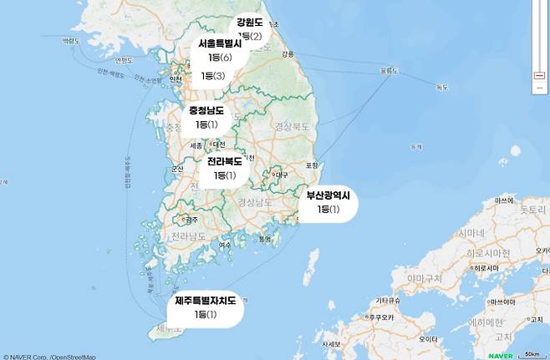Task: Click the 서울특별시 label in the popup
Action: (x=220, y=43)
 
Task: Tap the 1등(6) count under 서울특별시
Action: (x=220, y=57)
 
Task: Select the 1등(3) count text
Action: (x=213, y=76)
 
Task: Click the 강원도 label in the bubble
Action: (x=249, y=23)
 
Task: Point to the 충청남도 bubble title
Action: (x=206, y=110)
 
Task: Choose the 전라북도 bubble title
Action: (x=225, y=161)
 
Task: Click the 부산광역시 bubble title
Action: (x=328, y=195)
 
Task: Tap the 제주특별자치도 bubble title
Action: (x=206, y=300)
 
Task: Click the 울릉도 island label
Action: (x=390, y=70)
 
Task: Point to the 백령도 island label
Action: (x=124, y=60)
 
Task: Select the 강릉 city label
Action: (x=288, y=53)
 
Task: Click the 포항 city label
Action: (x=312, y=165)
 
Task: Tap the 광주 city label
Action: (x=191, y=220)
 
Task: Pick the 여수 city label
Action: (x=225, y=245)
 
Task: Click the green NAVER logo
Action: (x=500, y=355)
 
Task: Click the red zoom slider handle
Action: (x=539, y=76)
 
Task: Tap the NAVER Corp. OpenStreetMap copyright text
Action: (x=48, y=357)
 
